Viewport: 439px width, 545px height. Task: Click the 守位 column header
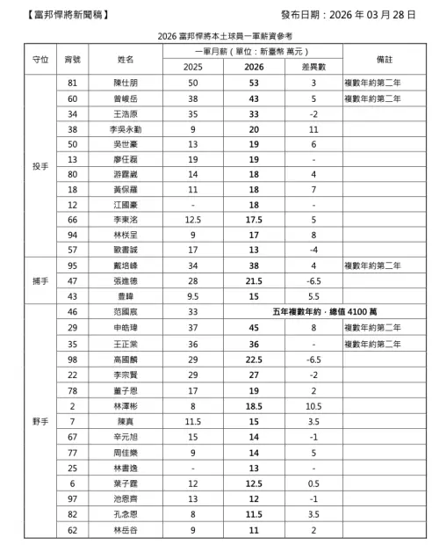click(x=38, y=59)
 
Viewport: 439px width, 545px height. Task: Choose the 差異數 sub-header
click(x=312, y=67)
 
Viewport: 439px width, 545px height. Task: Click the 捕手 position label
click(x=38, y=280)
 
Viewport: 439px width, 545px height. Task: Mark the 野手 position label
click(x=38, y=423)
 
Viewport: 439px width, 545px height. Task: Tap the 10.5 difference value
click(x=312, y=407)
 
